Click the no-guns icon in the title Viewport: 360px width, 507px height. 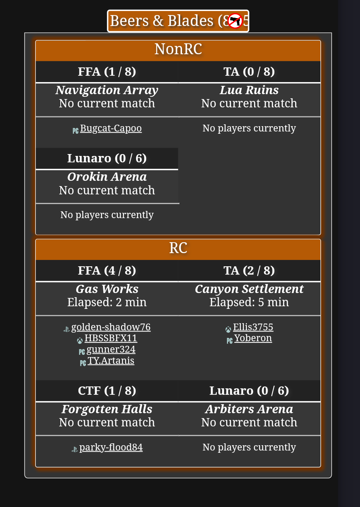tap(235, 21)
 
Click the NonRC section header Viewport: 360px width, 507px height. tap(178, 49)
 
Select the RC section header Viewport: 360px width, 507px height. tap(178, 248)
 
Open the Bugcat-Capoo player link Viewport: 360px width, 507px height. tap(111, 128)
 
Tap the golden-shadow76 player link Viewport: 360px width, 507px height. tap(111, 327)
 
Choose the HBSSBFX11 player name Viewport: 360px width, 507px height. tap(111, 338)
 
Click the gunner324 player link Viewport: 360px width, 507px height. tap(111, 350)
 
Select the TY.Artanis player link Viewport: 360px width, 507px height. tap(111, 361)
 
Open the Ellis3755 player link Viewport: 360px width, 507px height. tap(253, 327)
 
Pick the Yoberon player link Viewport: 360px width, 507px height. tap(253, 338)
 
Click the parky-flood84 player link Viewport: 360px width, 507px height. tap(111, 447)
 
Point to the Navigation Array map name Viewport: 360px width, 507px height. tap(107, 90)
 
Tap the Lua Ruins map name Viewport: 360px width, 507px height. tap(249, 90)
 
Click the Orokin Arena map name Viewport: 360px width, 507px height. tap(107, 177)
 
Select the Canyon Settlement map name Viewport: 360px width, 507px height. tap(249, 289)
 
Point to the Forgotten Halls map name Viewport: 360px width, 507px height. tap(107, 409)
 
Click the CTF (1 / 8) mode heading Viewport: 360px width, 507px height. tap(107, 391)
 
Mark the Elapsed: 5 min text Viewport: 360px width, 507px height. tap(249, 302)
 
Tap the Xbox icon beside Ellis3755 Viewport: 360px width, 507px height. tap(228, 330)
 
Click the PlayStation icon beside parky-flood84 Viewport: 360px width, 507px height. tap(75, 449)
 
